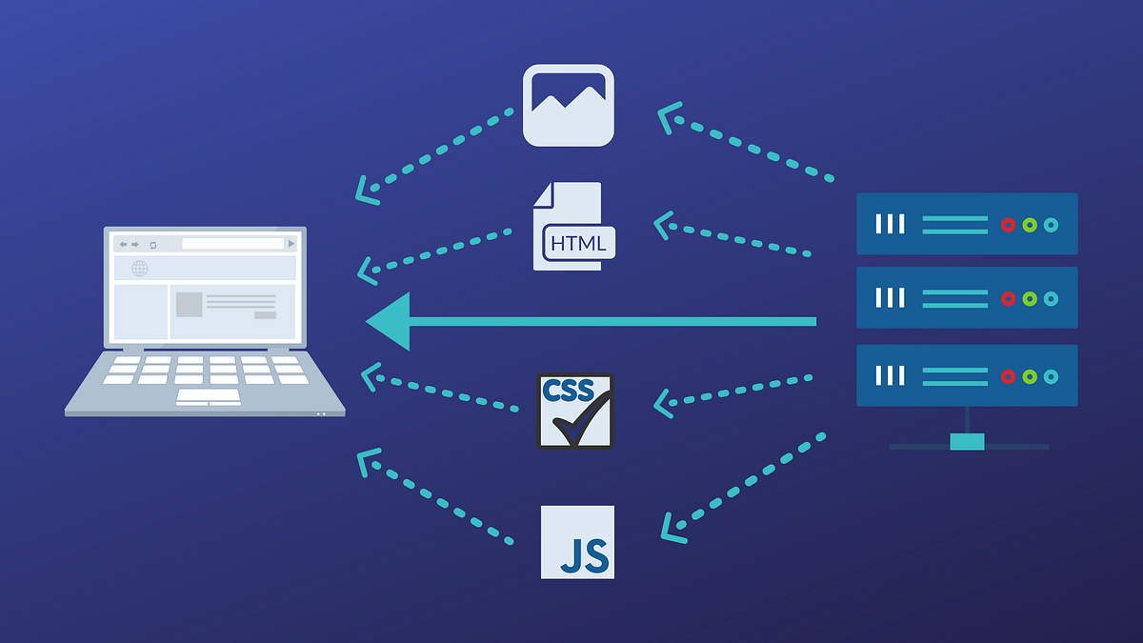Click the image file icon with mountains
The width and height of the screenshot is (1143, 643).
(568, 105)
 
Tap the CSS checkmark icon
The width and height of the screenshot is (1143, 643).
(575, 411)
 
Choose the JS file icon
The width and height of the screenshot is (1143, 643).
(577, 542)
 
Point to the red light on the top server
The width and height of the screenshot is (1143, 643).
(1008, 225)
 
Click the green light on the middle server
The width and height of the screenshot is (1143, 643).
(1030, 299)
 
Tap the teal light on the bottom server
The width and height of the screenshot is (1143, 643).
(1051, 376)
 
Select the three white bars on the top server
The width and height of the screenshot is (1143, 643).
(890, 224)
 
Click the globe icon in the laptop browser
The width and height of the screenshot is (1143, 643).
(140, 269)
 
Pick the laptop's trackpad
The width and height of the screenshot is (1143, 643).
(209, 397)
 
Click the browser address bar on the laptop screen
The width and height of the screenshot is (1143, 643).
(233, 244)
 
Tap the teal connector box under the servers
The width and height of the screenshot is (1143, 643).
(967, 442)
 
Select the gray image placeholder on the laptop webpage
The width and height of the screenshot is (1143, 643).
(189, 304)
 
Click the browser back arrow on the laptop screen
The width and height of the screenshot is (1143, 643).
(123, 244)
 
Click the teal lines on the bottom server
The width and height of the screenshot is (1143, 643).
(954, 376)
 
